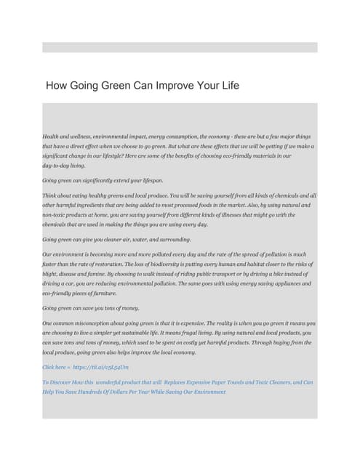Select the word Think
(x=50, y=195)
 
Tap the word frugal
(x=180, y=333)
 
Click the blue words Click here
(x=53, y=368)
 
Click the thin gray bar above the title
(x=180, y=47)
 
